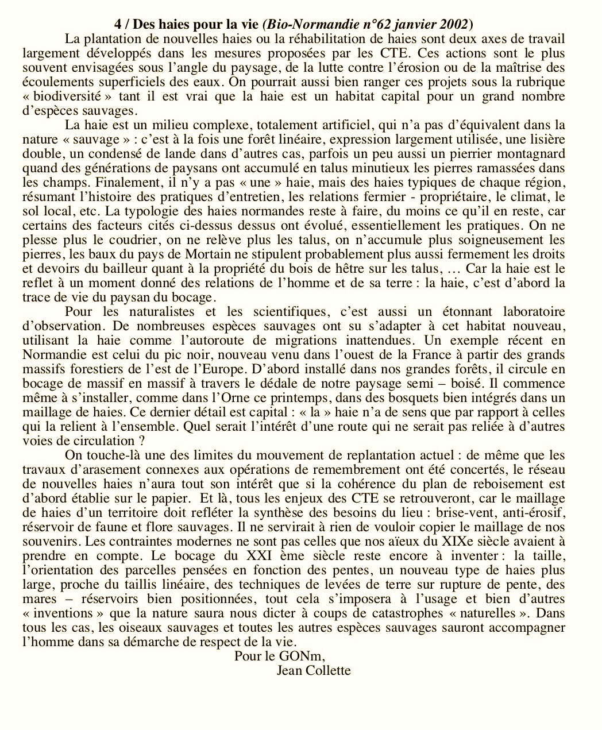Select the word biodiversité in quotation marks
pos(67,96)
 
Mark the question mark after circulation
pos(141,441)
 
